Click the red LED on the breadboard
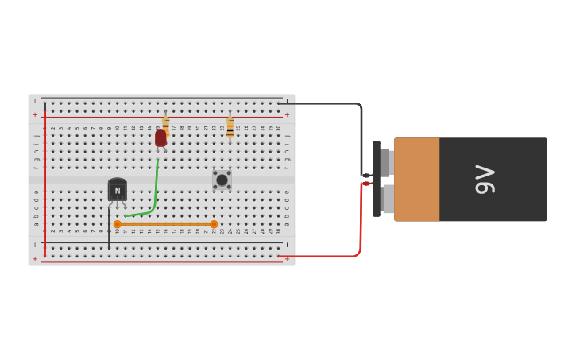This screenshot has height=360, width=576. click(160, 138)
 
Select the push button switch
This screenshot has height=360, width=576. click(222, 180)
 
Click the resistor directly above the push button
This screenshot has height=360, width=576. click(230, 128)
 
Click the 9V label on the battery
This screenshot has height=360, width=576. click(485, 179)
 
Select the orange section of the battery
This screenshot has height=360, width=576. click(416, 179)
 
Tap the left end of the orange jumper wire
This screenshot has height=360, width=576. click(118, 224)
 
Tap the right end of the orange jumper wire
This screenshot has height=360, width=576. click(214, 224)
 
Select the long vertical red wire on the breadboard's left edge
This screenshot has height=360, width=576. click(44, 179)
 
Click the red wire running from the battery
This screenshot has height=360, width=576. click(360, 230)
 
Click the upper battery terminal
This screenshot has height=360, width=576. click(385, 163)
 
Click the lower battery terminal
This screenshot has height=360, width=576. click(387, 199)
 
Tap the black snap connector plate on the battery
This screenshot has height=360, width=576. click(377, 179)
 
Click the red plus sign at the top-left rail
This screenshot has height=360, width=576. click(35, 115)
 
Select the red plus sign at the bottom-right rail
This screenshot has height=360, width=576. click(287, 258)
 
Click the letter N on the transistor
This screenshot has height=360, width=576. click(118, 191)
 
